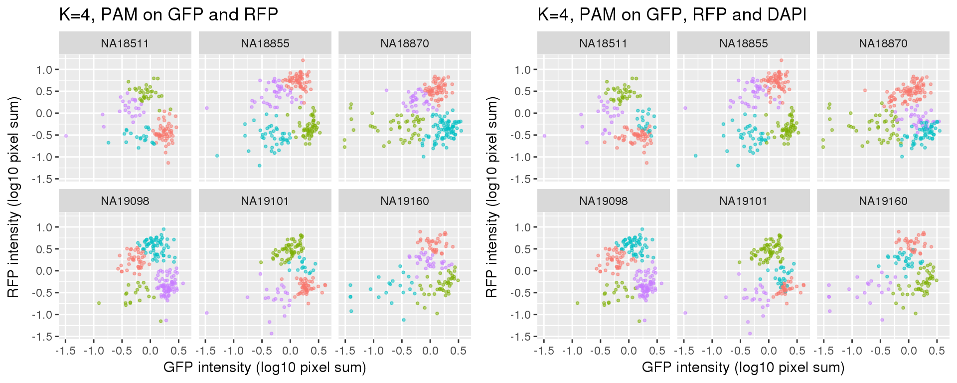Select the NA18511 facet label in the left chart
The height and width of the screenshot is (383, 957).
[125, 43]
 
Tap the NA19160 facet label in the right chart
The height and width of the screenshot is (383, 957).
[883, 201]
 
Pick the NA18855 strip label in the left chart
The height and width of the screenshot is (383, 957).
[265, 43]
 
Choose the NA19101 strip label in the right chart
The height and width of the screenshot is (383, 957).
[743, 201]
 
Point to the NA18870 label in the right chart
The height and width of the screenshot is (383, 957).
[883, 43]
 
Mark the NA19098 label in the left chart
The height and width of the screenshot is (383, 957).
[125, 201]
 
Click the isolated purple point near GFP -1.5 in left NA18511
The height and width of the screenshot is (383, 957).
[65, 136]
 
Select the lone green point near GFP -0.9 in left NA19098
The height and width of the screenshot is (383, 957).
[99, 303]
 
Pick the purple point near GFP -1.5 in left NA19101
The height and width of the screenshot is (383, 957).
[206, 313]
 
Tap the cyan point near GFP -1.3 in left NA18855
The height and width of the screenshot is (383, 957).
[217, 156]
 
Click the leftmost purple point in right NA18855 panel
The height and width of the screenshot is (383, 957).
[685, 108]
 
